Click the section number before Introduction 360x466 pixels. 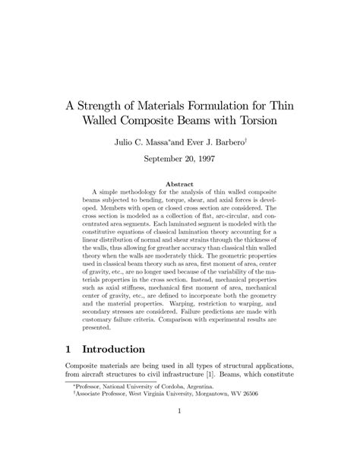point(71,350)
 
